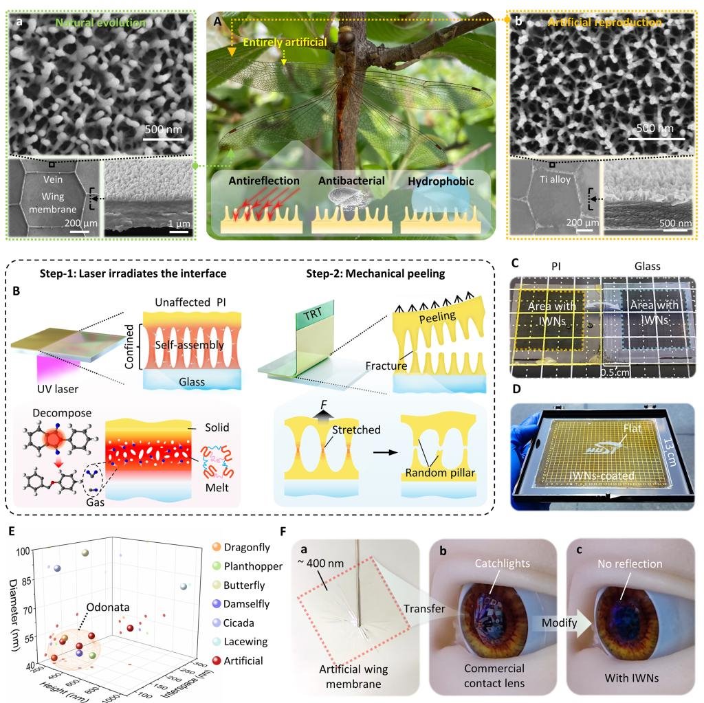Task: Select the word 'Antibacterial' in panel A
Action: click(x=346, y=181)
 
